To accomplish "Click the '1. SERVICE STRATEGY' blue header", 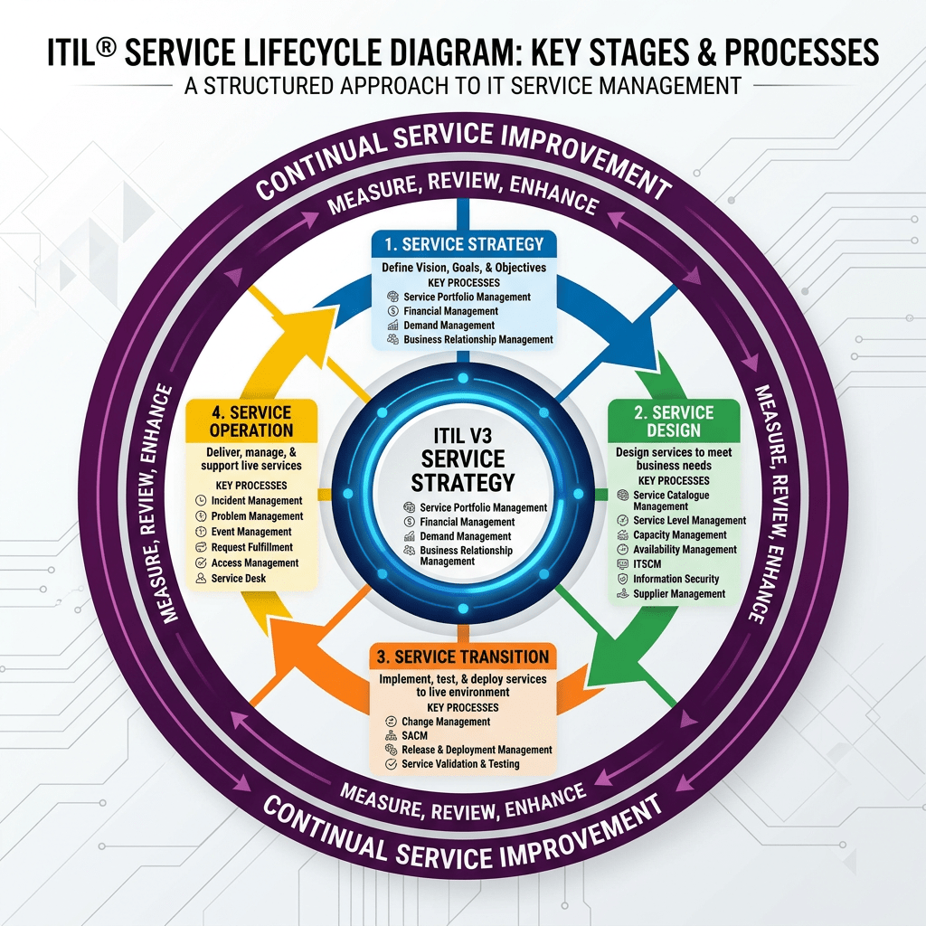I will (x=464, y=244).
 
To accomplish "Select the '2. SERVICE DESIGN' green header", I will (x=674, y=421).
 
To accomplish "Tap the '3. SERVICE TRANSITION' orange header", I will (x=463, y=657).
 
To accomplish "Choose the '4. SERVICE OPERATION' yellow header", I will (x=251, y=421).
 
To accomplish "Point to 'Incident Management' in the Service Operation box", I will (x=257, y=500).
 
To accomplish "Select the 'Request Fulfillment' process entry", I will (x=251, y=547).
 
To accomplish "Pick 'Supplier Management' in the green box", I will (x=678, y=594).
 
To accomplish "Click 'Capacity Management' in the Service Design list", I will (x=679, y=534).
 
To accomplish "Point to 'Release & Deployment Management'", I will (x=477, y=750).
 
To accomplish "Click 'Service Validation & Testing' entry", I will (x=460, y=764).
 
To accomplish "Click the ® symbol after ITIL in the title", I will (x=107, y=45).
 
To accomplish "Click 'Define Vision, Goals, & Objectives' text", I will (x=464, y=267).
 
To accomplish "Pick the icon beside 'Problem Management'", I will (x=201, y=516).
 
